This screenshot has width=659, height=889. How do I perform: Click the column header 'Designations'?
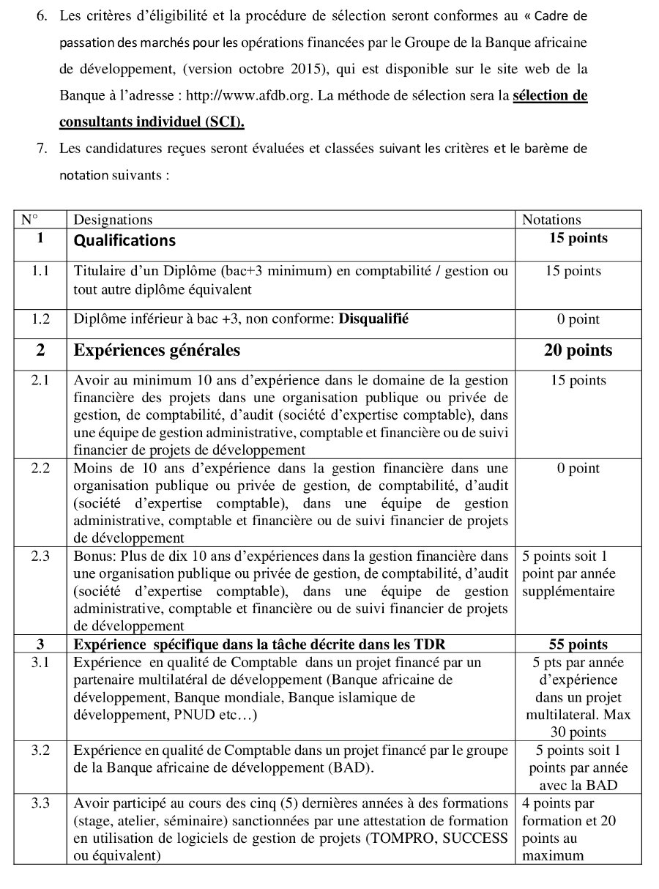113,220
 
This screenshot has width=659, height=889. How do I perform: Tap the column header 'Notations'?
551,220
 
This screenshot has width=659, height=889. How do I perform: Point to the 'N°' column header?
29,220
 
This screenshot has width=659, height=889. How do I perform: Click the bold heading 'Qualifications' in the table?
124,240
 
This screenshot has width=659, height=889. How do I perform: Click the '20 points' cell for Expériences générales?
578,351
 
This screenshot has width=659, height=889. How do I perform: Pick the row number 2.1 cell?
40,380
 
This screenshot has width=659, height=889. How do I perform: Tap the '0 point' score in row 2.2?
578,469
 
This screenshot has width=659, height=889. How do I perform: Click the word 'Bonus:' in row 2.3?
91,556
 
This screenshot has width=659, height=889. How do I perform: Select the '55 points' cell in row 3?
578,644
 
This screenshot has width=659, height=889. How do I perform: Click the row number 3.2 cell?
40,750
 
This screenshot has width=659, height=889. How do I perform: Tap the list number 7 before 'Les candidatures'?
42,149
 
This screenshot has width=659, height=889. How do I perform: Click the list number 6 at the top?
42,15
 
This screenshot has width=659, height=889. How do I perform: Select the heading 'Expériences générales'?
157,351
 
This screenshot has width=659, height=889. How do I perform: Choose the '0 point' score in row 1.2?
578,319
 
